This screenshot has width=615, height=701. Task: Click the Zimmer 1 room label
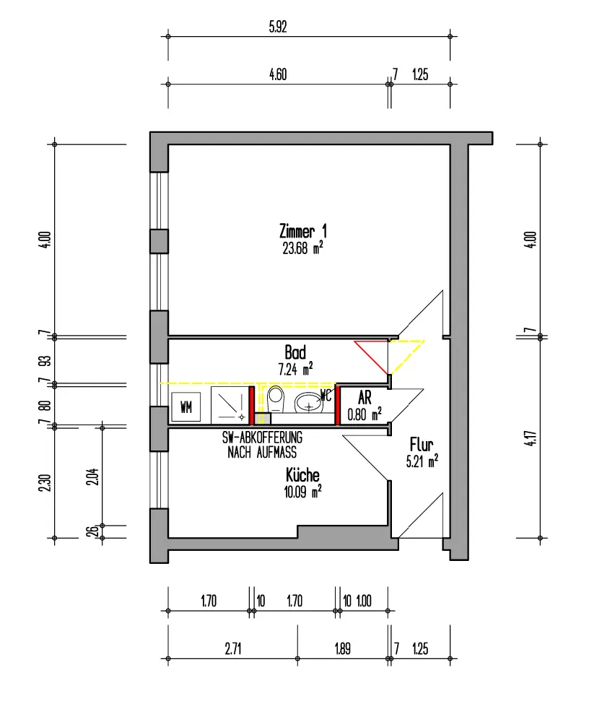tap(302, 232)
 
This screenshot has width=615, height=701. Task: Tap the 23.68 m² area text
tap(302, 248)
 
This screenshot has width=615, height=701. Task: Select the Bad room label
tap(295, 352)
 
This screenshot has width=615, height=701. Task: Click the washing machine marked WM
tap(186, 407)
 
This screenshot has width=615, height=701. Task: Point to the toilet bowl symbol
tap(275, 399)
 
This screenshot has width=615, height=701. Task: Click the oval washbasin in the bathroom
tap(308, 402)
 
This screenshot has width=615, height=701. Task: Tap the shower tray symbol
tap(230, 406)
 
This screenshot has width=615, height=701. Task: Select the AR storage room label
tap(365, 398)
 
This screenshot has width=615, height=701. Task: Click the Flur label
tap(422, 445)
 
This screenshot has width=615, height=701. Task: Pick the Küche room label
tap(302, 475)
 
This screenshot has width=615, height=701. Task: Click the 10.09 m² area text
tap(302, 492)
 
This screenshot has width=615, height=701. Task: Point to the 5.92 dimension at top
tap(278, 27)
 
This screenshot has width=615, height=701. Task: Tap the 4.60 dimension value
tap(278, 74)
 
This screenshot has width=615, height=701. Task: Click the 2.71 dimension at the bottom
tap(233, 648)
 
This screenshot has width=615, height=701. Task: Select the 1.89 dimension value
tap(343, 648)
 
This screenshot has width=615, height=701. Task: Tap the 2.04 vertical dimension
tap(92, 476)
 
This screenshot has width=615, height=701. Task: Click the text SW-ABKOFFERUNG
tap(262, 437)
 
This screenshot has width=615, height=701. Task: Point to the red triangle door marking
tap(372, 357)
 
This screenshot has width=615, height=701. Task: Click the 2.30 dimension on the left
tap(45, 483)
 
